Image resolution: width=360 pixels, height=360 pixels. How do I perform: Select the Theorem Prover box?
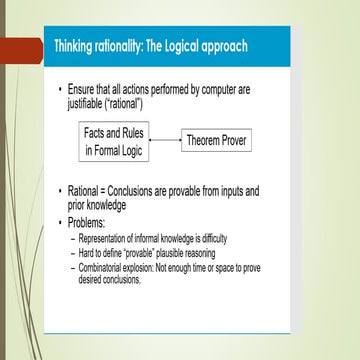tap(216, 142)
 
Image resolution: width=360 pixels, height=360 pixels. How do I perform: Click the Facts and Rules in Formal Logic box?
tap(115, 142)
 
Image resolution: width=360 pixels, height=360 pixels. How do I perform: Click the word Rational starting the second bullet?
tap(90, 188)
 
